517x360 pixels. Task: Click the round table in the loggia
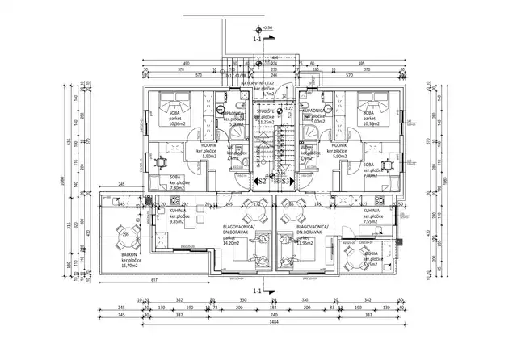353,259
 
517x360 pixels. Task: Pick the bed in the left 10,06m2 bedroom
173,106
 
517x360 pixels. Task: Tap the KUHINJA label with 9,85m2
179,212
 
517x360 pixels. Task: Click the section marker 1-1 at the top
258,38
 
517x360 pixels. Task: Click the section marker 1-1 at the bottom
258,290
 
